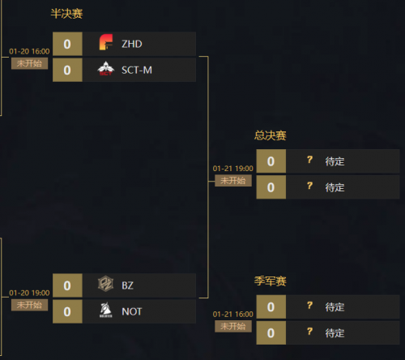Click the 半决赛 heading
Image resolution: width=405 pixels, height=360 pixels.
pos(66,14)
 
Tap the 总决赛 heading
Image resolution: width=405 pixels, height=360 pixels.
pos(270,135)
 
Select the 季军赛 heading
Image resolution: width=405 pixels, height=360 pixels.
pos(270,281)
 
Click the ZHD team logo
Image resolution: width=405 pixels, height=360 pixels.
pos(106,42)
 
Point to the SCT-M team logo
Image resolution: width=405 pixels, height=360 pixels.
pos(106,69)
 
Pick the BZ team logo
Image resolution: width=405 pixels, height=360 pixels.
pos(105,284)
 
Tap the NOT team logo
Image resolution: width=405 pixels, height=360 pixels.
pos(106,310)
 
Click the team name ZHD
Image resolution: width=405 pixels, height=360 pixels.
pos(132,44)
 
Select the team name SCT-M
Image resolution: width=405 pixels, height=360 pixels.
pos(137,71)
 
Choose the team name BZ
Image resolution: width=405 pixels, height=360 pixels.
pos(127,285)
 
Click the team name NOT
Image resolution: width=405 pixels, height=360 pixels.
pos(132,311)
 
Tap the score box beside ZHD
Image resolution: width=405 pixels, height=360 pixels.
pos(67,44)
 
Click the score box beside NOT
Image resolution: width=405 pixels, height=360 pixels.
pos(67,311)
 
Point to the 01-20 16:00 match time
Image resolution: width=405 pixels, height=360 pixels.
pos(29,51)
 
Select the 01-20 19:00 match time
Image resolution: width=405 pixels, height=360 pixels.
pos(29,293)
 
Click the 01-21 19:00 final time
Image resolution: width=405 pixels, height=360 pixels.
pos(233,169)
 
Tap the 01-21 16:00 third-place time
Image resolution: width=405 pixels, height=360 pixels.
pos(233,315)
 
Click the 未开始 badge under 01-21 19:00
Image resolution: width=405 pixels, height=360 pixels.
pos(233,181)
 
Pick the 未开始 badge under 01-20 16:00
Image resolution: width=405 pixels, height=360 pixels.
pos(29,63)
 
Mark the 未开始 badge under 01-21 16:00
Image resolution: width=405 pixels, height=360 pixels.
pos(233,326)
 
